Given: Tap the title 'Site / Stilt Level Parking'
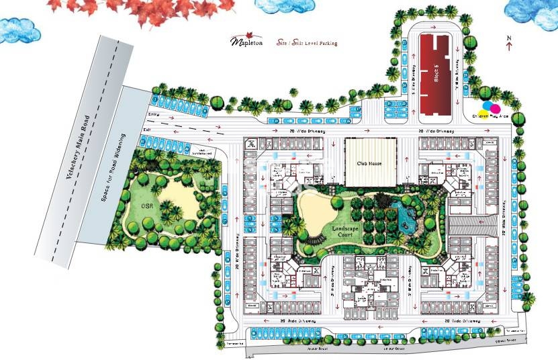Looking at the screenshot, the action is point(306,43).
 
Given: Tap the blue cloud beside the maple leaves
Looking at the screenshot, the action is point(18,28).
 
